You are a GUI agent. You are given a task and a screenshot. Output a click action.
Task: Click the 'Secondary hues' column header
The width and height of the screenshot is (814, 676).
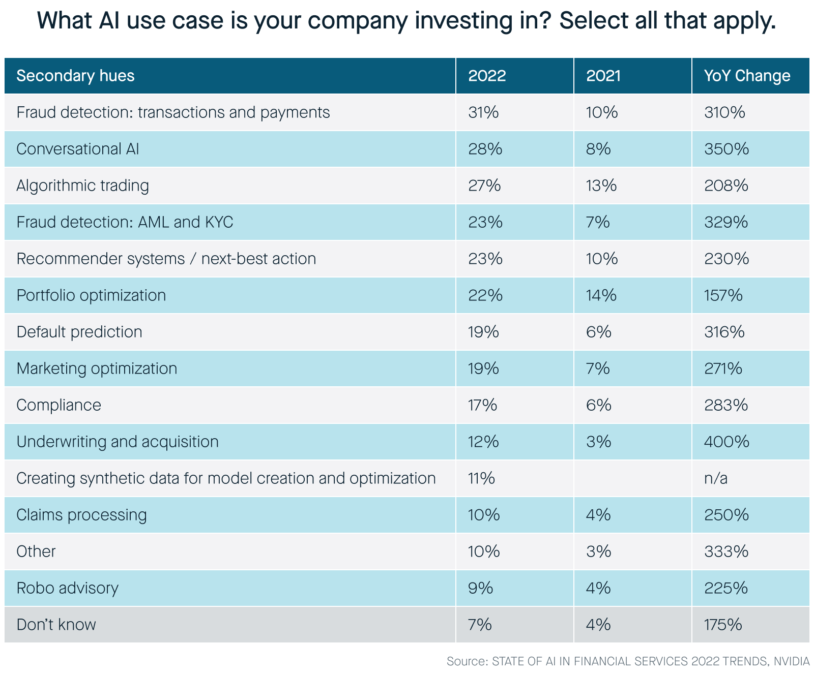pos(75,76)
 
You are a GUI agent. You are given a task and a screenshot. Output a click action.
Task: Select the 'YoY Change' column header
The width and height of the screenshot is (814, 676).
pos(747,76)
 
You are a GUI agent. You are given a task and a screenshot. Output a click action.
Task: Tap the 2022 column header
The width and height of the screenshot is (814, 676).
pos(487,76)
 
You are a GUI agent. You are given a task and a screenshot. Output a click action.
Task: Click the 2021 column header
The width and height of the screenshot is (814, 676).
pos(603,76)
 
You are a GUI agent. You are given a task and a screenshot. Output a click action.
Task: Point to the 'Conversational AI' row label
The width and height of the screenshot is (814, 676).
pos(77,149)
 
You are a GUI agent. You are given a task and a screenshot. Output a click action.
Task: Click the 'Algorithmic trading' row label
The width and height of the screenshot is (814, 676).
pos(82,186)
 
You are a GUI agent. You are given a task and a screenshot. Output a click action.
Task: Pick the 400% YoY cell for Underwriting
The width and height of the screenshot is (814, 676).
pos(726,442)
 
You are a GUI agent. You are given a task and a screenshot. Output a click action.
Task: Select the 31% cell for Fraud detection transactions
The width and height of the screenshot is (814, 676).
pos(483,112)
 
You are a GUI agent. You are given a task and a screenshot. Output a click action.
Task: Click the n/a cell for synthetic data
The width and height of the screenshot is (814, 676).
pos(716,478)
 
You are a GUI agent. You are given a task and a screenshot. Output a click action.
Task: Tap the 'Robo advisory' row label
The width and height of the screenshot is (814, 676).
pos(67,588)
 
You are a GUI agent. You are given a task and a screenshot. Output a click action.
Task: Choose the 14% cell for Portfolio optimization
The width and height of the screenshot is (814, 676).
pos(601,295)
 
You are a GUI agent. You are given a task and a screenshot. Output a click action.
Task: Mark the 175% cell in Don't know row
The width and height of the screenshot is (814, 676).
pos(723,625)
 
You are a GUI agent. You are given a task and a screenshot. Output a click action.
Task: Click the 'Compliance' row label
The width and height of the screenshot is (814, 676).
pos(59,405)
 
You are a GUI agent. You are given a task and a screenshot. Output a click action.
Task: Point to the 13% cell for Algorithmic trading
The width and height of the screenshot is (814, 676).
pos(601,186)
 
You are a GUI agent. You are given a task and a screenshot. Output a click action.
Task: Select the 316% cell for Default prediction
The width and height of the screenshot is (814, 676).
pos(724,332)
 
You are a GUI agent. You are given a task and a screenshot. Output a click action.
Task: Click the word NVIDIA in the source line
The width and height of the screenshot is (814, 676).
pos(791,661)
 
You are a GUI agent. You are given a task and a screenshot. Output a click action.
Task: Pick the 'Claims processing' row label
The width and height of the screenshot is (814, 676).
pos(81,515)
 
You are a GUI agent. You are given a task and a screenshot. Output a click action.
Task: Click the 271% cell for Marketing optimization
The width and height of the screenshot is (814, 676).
pos(723,368)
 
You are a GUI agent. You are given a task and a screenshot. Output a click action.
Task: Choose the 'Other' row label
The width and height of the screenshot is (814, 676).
pos(36,551)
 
